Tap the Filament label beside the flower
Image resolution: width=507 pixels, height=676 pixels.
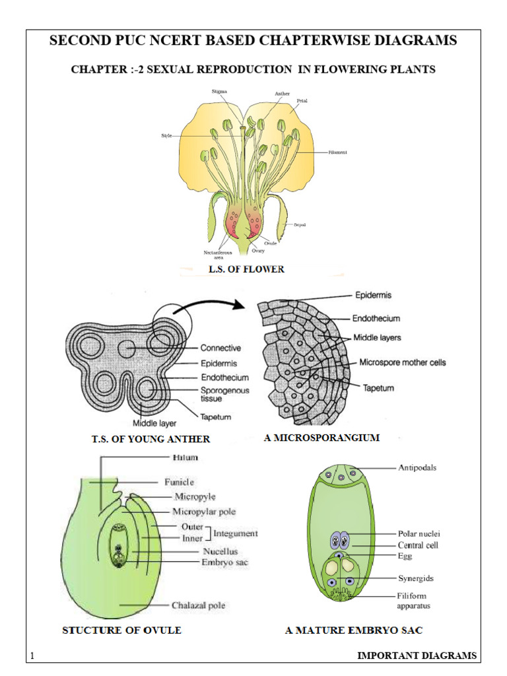point(337,152)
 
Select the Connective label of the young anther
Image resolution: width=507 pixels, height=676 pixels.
point(220,348)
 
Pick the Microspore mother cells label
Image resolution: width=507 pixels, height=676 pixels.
point(402,362)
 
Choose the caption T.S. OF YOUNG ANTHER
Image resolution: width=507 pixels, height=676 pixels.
point(151,439)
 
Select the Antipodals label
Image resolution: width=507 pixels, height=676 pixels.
point(417,467)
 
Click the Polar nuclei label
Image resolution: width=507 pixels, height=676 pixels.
point(419,533)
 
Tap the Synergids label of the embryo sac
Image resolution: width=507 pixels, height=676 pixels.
point(415,578)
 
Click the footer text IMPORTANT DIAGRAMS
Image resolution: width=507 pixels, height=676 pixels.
point(416,656)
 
